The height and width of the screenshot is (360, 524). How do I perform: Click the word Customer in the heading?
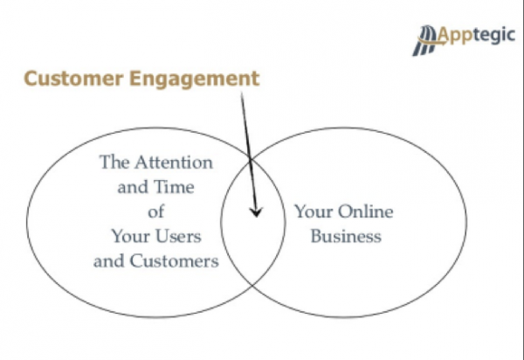[x=73, y=79]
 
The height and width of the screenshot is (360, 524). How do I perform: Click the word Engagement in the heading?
[x=195, y=80]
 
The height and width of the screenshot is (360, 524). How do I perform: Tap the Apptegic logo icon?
[x=425, y=40]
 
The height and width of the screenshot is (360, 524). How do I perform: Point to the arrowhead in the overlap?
[x=256, y=212]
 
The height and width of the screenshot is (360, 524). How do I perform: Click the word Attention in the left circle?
[x=174, y=163]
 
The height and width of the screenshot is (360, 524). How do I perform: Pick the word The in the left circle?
[x=114, y=163]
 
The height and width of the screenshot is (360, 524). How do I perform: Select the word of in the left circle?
[x=156, y=211]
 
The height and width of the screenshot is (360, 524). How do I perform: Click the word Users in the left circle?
[x=178, y=236]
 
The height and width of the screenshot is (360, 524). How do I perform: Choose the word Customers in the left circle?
[x=174, y=261]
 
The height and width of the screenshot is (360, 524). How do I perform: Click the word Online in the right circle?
[x=366, y=212]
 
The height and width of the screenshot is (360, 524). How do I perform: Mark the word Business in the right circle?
[x=346, y=236]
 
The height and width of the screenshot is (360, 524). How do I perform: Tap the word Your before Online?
[x=314, y=212]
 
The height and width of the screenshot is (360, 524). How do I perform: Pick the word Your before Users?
[x=131, y=236]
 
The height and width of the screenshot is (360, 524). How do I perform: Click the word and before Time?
[x=133, y=187]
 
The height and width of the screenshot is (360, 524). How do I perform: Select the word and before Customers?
[x=109, y=261]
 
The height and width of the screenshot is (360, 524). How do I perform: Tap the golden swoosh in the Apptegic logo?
[x=432, y=41]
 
